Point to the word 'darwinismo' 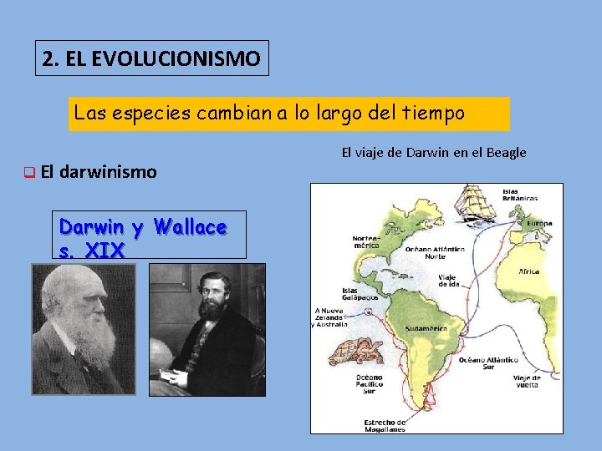tap(108, 172)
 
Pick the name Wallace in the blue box tap(191, 226)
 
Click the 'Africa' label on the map tap(528, 272)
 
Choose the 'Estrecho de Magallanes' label tap(385, 426)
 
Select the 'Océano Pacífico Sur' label tap(368, 383)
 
